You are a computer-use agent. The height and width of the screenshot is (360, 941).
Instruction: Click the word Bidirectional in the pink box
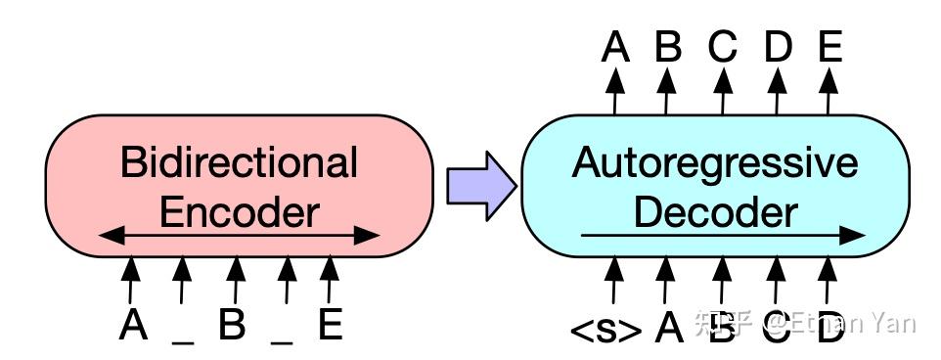[x=239, y=162]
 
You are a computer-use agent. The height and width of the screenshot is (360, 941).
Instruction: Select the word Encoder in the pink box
[x=239, y=210]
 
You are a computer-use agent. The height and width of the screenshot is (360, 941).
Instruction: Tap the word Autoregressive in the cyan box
[x=714, y=162]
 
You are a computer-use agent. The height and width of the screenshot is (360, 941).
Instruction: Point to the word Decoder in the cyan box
[x=716, y=210]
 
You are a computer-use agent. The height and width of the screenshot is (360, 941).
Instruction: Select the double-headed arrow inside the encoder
[x=239, y=235]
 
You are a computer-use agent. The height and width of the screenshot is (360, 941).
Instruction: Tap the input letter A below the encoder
[x=133, y=325]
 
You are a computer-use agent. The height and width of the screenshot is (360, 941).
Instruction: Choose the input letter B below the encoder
[x=232, y=325]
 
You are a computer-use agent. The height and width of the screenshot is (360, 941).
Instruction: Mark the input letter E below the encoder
[x=331, y=325]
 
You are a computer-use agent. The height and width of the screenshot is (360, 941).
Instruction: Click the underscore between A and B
[x=182, y=338]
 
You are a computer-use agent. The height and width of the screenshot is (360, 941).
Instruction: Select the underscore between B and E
[x=282, y=338]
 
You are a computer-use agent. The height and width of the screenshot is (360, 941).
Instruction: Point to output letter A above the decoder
[x=615, y=46]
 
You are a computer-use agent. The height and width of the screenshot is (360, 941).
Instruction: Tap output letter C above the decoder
[x=722, y=46]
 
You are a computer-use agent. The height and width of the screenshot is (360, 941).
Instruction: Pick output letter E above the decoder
[x=829, y=46]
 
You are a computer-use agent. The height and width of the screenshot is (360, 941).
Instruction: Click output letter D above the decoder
[x=777, y=46]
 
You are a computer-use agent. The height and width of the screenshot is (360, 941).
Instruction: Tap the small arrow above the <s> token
[x=613, y=278]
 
